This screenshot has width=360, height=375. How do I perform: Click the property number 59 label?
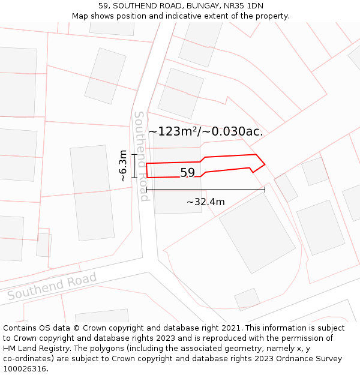coord(187,173)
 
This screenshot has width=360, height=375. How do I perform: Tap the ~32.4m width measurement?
coord(205,202)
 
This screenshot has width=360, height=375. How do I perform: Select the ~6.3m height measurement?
coord(123,166)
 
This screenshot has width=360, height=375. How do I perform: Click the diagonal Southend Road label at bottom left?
coord(52,287)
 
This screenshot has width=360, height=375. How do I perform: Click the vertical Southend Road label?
coord(140,156)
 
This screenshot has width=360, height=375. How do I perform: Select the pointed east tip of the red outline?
coord(264,163)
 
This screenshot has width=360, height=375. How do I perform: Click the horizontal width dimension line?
coord(205,190)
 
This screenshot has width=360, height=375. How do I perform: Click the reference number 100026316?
coord(26,369)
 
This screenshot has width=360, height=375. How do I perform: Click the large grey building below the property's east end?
coord(257,232)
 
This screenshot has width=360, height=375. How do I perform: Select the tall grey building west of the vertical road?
coord(92,193)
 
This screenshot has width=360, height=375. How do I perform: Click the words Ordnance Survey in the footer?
coord(309,359)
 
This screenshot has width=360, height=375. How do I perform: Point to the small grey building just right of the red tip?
coord(286,187)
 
